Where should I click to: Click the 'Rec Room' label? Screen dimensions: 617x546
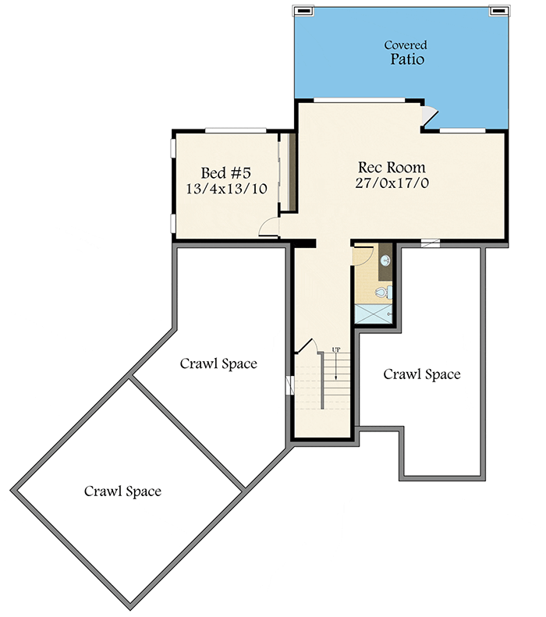click(x=392, y=167)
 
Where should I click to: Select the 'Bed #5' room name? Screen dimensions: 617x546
click(x=225, y=172)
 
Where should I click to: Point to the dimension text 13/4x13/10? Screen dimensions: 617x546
click(x=225, y=189)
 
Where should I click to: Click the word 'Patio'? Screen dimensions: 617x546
click(x=407, y=59)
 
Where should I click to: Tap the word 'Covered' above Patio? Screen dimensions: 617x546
click(x=406, y=45)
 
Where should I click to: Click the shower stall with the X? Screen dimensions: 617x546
click(x=374, y=314)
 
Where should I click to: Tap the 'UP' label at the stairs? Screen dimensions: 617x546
click(x=336, y=350)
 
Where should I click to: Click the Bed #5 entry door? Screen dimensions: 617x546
click(x=269, y=227)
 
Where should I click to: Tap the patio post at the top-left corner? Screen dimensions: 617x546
click(x=303, y=11)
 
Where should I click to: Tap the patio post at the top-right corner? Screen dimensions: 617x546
click(x=497, y=11)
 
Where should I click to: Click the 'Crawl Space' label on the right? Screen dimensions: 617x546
click(x=421, y=374)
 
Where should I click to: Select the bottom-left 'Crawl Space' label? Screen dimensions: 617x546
click(x=122, y=491)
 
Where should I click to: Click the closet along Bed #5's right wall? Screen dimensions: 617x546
click(x=286, y=172)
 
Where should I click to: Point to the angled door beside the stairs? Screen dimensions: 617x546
click(x=305, y=349)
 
